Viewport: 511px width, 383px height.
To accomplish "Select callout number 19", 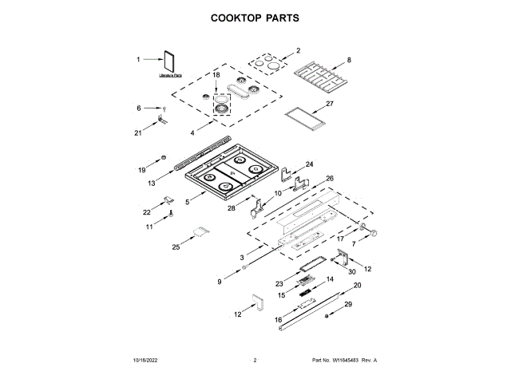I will click(x=142, y=170).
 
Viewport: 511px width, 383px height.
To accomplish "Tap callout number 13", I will click(x=151, y=184).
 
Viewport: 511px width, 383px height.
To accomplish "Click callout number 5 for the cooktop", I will click(x=188, y=203).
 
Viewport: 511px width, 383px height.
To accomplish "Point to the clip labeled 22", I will click(x=169, y=199).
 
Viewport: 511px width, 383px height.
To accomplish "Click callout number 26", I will click(x=329, y=179).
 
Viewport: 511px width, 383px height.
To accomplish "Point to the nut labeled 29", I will click(x=327, y=318).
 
